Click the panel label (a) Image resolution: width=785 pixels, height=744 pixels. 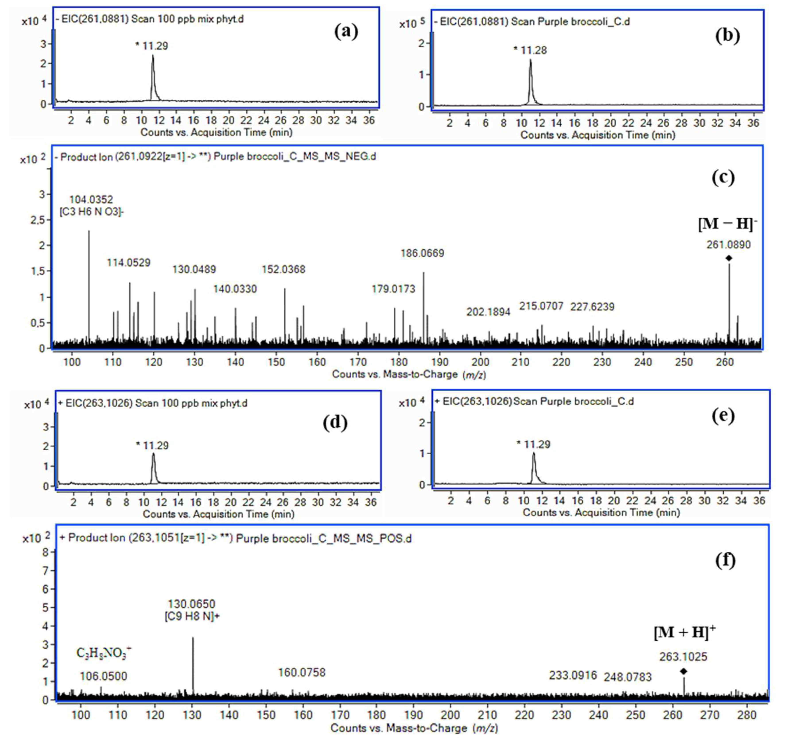(346, 32)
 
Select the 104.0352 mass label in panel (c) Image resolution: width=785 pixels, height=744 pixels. (91, 200)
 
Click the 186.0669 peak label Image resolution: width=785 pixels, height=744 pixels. (422, 253)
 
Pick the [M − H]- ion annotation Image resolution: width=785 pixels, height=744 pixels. (727, 224)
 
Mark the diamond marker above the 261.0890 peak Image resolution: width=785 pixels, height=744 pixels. (729, 258)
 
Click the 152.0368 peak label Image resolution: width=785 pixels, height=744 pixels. (284, 270)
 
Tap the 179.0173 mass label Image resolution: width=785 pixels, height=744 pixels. (393, 289)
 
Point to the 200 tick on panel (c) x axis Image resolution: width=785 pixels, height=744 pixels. (480, 362)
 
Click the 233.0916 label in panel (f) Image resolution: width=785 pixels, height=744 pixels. (573, 675)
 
